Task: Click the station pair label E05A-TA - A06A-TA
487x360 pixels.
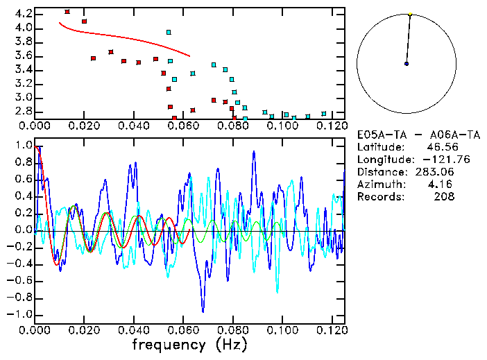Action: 406,135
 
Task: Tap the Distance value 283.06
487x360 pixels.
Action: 436,172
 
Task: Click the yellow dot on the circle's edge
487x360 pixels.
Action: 410,14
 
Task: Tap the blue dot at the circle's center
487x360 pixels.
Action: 407,64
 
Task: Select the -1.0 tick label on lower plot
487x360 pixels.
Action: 19,314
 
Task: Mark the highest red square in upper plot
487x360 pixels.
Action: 67,12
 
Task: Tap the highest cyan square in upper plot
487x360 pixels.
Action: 169,32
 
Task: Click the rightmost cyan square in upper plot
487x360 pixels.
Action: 324,114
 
